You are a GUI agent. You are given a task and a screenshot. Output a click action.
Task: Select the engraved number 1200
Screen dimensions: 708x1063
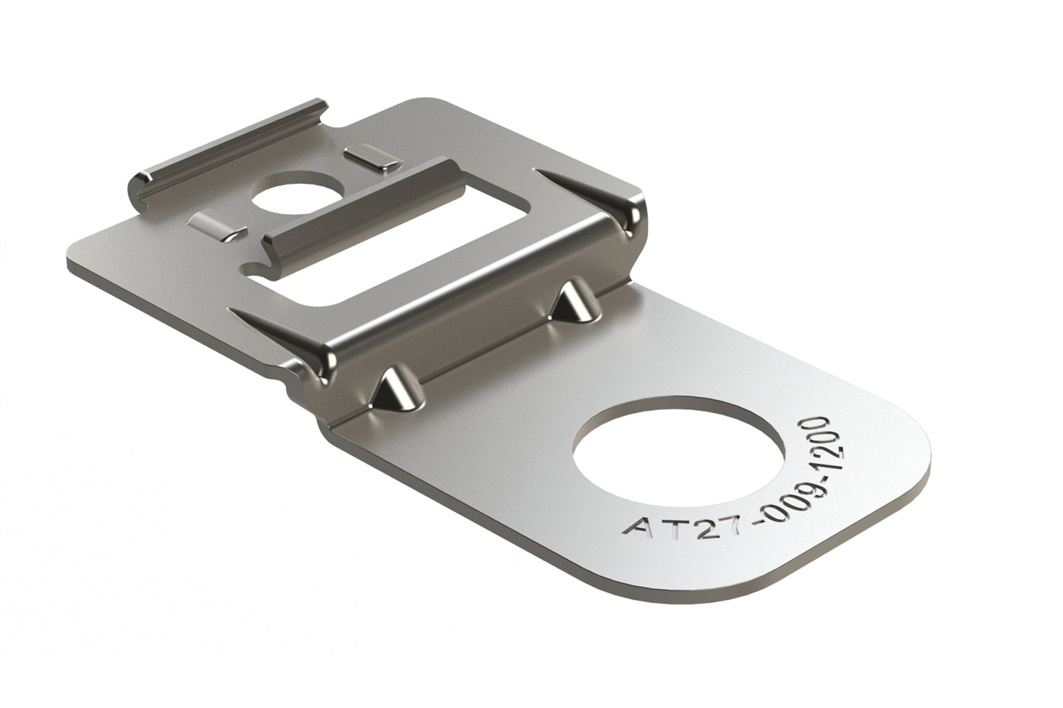pyautogui.click(x=816, y=446)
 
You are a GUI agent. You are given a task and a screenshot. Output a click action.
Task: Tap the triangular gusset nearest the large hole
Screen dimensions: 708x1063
pyautogui.click(x=572, y=303)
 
